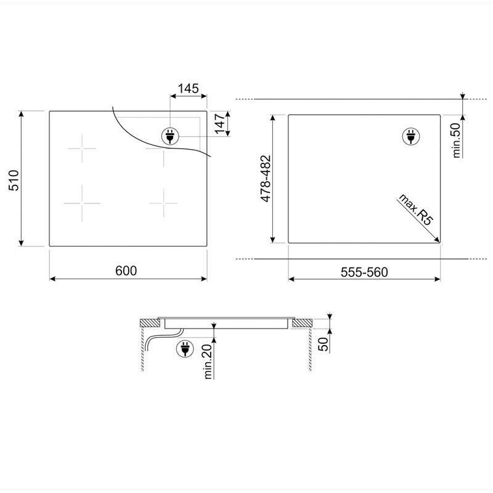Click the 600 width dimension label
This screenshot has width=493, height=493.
point(126,271)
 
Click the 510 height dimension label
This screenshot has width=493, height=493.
point(14,181)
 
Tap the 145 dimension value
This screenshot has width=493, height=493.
point(189,89)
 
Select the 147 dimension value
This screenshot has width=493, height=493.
point(220,124)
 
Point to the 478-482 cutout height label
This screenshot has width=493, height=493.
point(266,178)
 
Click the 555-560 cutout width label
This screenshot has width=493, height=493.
point(364,272)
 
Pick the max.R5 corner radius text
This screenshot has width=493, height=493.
point(415,210)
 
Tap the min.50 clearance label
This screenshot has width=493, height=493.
point(456,141)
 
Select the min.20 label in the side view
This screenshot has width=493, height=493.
point(208,362)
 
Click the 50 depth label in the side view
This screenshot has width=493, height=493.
point(323,344)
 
